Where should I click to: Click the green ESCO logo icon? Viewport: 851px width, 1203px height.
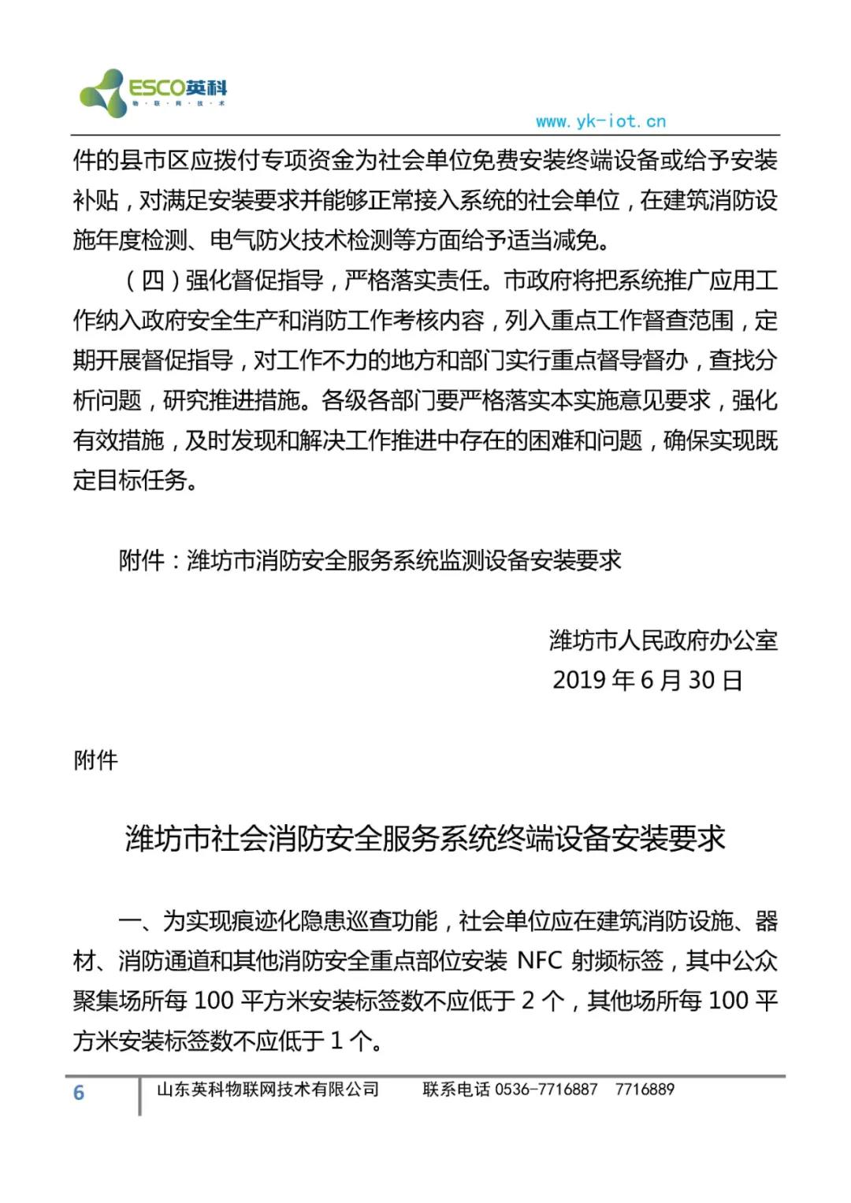click(102, 93)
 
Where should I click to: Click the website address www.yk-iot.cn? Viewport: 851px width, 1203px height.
click(600, 121)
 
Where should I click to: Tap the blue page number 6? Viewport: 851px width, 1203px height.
click(79, 1093)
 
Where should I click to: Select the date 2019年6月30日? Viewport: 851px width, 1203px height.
click(647, 680)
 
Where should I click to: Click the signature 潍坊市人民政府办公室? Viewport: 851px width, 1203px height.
click(663, 640)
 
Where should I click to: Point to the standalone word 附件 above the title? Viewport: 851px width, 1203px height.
click(95, 760)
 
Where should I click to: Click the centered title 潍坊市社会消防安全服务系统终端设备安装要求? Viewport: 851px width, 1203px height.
click(425, 838)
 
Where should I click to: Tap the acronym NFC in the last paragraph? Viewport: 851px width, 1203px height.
click(540, 961)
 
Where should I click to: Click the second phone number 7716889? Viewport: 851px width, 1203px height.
click(645, 1090)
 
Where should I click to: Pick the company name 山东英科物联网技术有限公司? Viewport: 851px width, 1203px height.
click(268, 1090)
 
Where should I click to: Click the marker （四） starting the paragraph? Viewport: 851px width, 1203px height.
click(142, 280)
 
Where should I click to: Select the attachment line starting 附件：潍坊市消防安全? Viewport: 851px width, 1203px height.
click(370, 560)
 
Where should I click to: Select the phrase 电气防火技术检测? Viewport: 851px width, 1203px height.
click(291, 240)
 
